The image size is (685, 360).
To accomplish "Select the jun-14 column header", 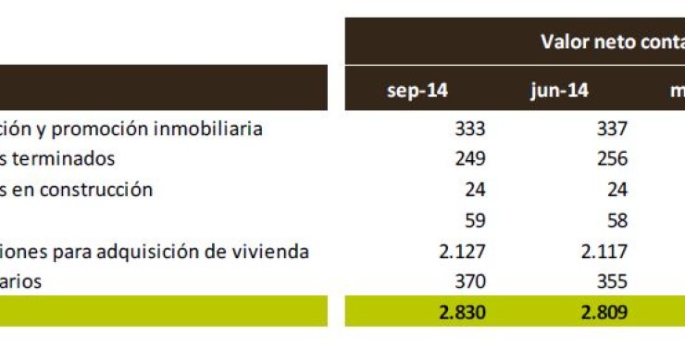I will (x=559, y=90).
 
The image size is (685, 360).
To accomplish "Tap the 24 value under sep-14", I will (x=474, y=191).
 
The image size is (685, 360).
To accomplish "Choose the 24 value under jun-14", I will (x=617, y=191).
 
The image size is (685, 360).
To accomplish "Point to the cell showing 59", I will (x=474, y=221).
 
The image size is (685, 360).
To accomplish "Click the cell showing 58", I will (x=617, y=221).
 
